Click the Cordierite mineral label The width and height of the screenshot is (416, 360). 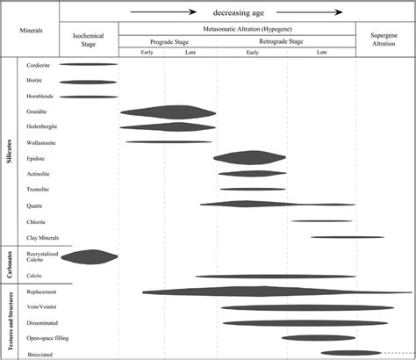39,65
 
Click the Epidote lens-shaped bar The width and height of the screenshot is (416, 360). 249,158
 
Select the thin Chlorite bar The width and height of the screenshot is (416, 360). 322,221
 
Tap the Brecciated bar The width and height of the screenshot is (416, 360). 350,353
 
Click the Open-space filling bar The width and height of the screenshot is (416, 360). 318,337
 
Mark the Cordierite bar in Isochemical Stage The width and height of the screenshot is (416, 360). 88,65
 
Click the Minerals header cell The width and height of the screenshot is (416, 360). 30,29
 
